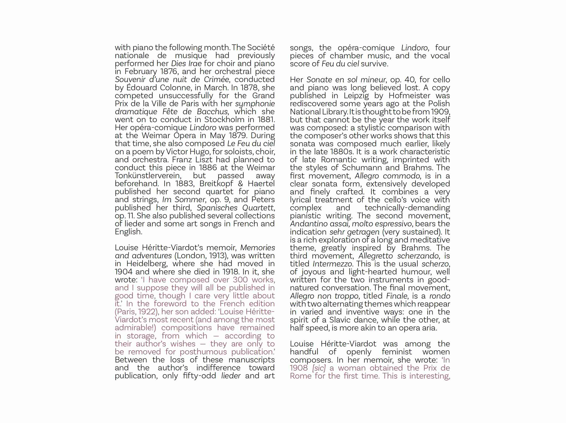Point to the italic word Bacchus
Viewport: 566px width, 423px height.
pyautogui.click(x=212, y=111)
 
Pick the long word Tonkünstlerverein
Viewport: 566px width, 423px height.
pyautogui.click(x=148, y=175)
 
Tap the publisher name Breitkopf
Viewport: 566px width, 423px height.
pyautogui.click(x=216, y=183)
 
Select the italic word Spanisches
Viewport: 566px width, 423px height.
pyautogui.click(x=217, y=207)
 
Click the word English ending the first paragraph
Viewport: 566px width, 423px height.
pyautogui.click(x=128, y=232)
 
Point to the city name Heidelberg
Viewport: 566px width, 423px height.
pyautogui.click(x=147, y=263)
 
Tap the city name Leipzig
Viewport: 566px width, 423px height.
pyautogui.click(x=356, y=95)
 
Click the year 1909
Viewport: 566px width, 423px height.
pyautogui.click(x=440, y=111)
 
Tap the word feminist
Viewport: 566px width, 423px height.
pyautogui.click(x=397, y=352)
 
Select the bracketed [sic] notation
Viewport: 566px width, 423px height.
pyautogui.click(x=319, y=368)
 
